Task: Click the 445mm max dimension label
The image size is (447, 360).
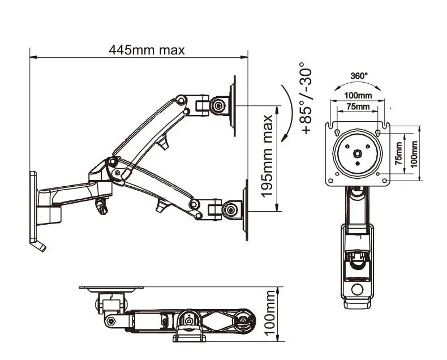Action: point(147,50)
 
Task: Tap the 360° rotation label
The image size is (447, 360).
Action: point(359,75)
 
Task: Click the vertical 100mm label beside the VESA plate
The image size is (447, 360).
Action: point(414,153)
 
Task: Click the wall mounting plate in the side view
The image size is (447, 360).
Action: point(34,207)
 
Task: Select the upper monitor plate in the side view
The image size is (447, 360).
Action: point(233,106)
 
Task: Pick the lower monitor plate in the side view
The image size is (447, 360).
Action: point(246,209)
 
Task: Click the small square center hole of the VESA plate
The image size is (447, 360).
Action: point(358,153)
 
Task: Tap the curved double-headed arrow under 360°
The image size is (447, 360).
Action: point(359,85)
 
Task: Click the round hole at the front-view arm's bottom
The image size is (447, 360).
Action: point(358,290)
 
